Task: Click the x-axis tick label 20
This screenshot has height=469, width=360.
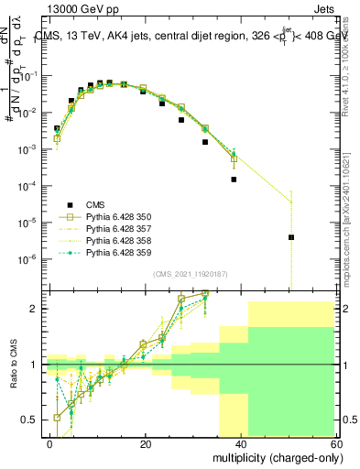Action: click(x=146, y=443)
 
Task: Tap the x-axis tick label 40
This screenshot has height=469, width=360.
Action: click(x=242, y=443)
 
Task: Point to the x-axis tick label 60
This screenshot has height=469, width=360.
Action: click(x=337, y=443)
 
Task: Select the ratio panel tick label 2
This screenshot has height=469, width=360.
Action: click(x=38, y=309)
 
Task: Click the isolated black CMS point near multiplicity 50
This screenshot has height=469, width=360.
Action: click(x=290, y=237)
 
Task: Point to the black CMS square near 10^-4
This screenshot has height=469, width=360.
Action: click(x=234, y=180)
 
